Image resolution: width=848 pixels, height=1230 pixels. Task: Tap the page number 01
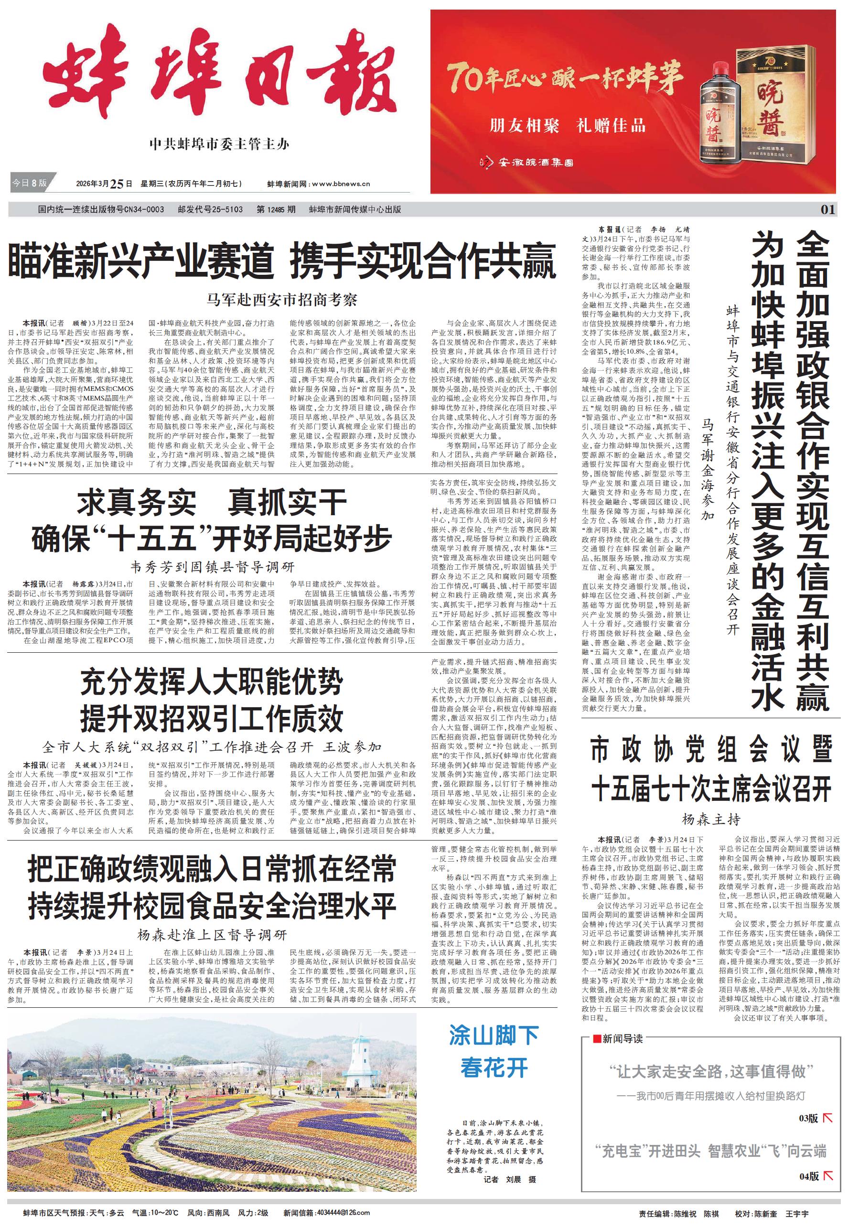pos(828,209)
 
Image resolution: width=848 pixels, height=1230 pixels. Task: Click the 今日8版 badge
pos(30,183)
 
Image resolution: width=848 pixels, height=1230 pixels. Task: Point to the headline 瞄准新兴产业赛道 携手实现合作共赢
pos(281,261)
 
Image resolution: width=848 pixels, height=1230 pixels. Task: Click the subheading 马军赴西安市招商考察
pos(281,300)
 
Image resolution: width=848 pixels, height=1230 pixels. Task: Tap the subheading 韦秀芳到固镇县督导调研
pos(212,567)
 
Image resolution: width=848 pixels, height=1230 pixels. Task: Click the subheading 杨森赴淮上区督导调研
pos(212,935)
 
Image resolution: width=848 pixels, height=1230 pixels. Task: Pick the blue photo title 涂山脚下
pos(494,1036)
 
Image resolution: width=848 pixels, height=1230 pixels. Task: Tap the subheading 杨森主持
pos(711,820)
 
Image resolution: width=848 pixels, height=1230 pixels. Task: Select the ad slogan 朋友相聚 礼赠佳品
pos(567,126)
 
